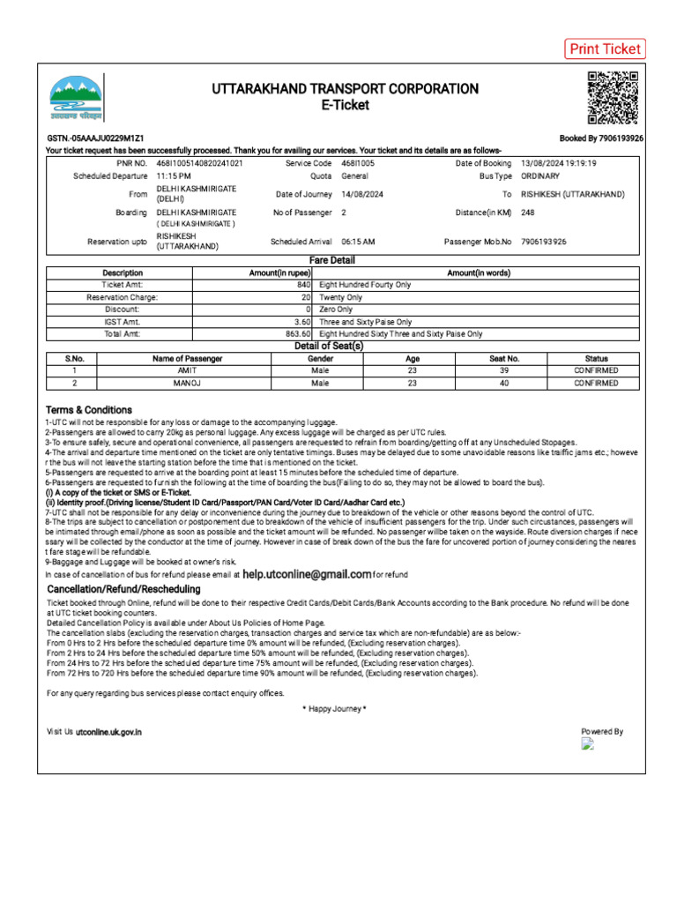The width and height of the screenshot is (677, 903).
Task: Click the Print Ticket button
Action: (x=605, y=49)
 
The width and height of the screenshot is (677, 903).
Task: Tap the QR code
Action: (x=612, y=97)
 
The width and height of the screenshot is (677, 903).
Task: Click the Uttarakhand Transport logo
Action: (x=75, y=97)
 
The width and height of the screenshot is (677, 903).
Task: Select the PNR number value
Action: (x=200, y=163)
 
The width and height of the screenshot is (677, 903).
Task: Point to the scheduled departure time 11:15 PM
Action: (x=174, y=176)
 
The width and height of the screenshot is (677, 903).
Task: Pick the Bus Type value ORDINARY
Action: (x=540, y=176)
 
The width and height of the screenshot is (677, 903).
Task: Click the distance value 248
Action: (x=528, y=213)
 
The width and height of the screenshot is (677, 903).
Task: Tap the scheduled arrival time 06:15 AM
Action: (x=359, y=241)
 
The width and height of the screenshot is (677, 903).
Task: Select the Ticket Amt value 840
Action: (x=303, y=286)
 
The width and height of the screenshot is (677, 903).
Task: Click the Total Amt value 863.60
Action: (x=298, y=334)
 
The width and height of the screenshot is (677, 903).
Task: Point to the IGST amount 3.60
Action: (x=302, y=323)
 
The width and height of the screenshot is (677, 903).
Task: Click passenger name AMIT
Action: (x=188, y=371)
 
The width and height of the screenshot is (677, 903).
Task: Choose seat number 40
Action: (x=504, y=384)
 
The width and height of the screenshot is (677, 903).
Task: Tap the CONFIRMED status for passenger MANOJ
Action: (x=596, y=384)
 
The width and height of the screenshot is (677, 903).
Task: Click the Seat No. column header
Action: (x=504, y=359)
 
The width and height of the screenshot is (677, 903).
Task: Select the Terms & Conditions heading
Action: (x=89, y=410)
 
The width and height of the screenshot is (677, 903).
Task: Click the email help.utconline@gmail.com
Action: (x=307, y=574)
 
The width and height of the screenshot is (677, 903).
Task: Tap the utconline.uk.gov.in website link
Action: (x=108, y=732)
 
